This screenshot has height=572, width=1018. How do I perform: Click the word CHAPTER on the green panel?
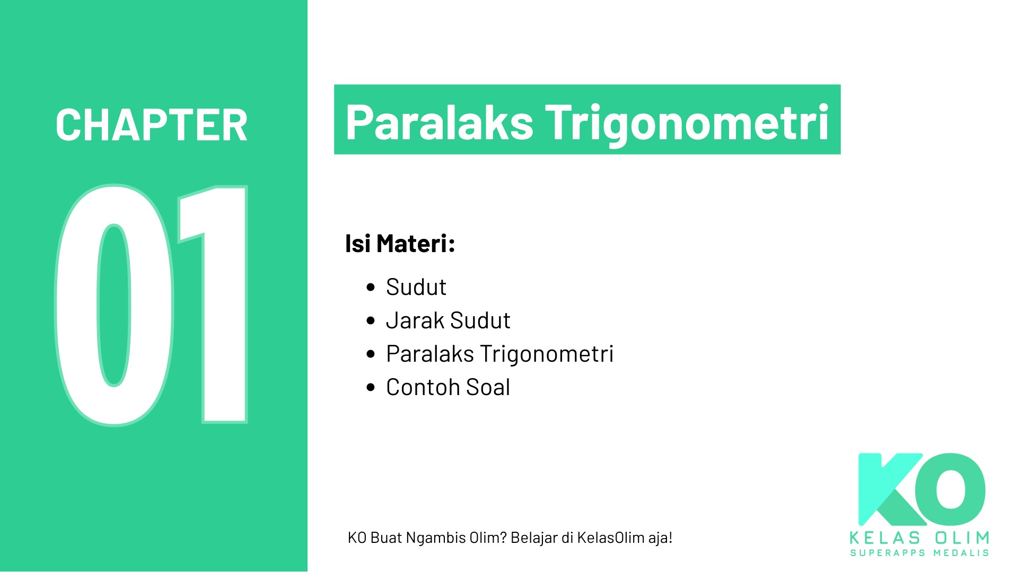click(x=152, y=125)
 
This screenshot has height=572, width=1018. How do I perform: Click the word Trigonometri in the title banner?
click(x=687, y=122)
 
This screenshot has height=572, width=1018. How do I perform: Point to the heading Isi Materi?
click(x=400, y=244)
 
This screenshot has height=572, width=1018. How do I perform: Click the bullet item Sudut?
click(x=416, y=287)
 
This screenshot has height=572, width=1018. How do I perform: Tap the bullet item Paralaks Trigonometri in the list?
click(x=499, y=354)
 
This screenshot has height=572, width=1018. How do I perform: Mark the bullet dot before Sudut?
click(x=371, y=288)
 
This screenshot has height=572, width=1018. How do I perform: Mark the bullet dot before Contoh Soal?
click(x=371, y=388)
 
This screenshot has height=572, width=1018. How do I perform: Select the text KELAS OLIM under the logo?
click(x=919, y=538)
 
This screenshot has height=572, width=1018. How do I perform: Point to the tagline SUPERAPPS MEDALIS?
click(x=919, y=553)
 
